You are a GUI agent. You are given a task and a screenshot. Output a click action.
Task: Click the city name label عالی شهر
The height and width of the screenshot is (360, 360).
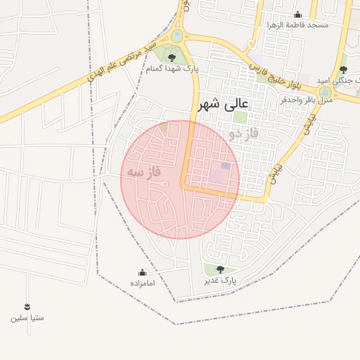click(x=224, y=105)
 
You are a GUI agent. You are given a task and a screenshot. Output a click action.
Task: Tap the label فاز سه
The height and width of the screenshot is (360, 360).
click(x=144, y=172)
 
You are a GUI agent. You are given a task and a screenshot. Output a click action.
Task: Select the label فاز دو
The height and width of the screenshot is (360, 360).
click(x=243, y=132)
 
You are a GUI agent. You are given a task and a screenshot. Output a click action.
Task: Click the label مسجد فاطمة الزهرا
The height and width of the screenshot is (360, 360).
click(x=297, y=25)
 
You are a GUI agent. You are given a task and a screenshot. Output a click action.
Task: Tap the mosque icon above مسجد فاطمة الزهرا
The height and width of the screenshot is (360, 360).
click(x=297, y=14)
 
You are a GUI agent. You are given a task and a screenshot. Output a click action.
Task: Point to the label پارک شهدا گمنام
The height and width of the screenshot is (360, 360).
click(x=173, y=69)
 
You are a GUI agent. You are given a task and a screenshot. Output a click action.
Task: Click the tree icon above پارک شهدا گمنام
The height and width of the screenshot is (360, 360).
click(x=172, y=58)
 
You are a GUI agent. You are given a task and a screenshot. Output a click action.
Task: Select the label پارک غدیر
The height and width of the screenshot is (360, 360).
click(x=220, y=280)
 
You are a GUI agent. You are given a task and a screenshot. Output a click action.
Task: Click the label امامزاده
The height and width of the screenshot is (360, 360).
click(x=143, y=283)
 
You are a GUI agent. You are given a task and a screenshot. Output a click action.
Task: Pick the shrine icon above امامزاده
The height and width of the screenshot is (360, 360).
click(x=143, y=272)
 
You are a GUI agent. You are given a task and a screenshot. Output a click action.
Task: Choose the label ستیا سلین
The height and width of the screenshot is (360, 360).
click(x=27, y=317)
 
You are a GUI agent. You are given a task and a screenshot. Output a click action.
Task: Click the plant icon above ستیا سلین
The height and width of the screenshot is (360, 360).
click(x=27, y=307)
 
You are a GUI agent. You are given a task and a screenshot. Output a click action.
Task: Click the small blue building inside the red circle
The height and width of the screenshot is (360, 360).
click(x=226, y=166)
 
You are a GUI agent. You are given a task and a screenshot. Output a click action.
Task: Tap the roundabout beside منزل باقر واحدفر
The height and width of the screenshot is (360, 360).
click(x=325, y=92)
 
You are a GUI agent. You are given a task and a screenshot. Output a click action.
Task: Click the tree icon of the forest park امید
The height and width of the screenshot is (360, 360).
click(x=342, y=70)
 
